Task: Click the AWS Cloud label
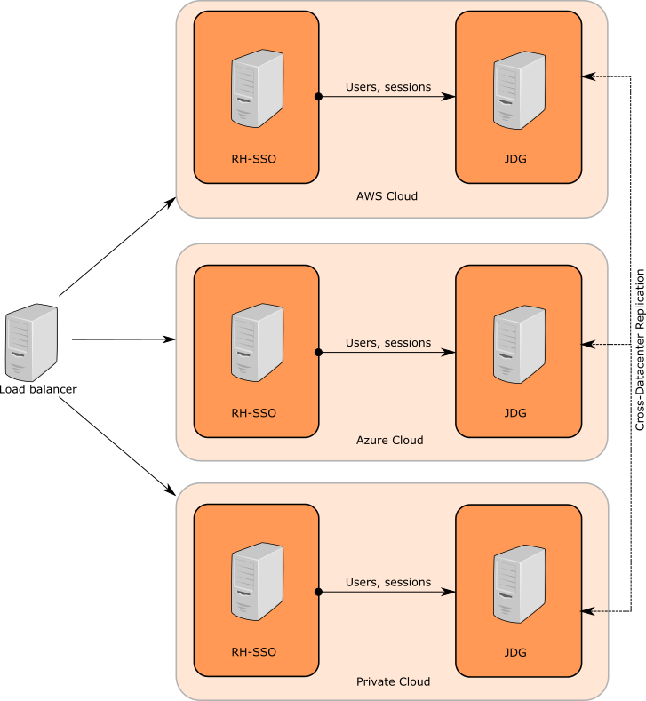point(387,196)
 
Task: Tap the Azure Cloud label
point(389,440)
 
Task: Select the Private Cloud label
point(393,681)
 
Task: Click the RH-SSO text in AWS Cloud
point(254,160)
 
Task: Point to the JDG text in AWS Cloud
point(515,160)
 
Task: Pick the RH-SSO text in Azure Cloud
point(254,413)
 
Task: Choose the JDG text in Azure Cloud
point(515,413)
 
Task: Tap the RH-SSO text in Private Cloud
point(254,652)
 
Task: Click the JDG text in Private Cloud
point(515,652)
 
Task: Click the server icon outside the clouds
point(32,343)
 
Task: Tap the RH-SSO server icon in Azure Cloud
point(258,343)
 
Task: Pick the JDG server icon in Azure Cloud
point(520,343)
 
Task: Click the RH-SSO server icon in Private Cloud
point(258,583)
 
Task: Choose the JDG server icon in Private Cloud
point(520,583)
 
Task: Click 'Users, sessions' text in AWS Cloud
point(388,87)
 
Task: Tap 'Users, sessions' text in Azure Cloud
point(388,343)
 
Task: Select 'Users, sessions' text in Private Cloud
point(388,583)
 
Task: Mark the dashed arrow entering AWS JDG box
point(596,77)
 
